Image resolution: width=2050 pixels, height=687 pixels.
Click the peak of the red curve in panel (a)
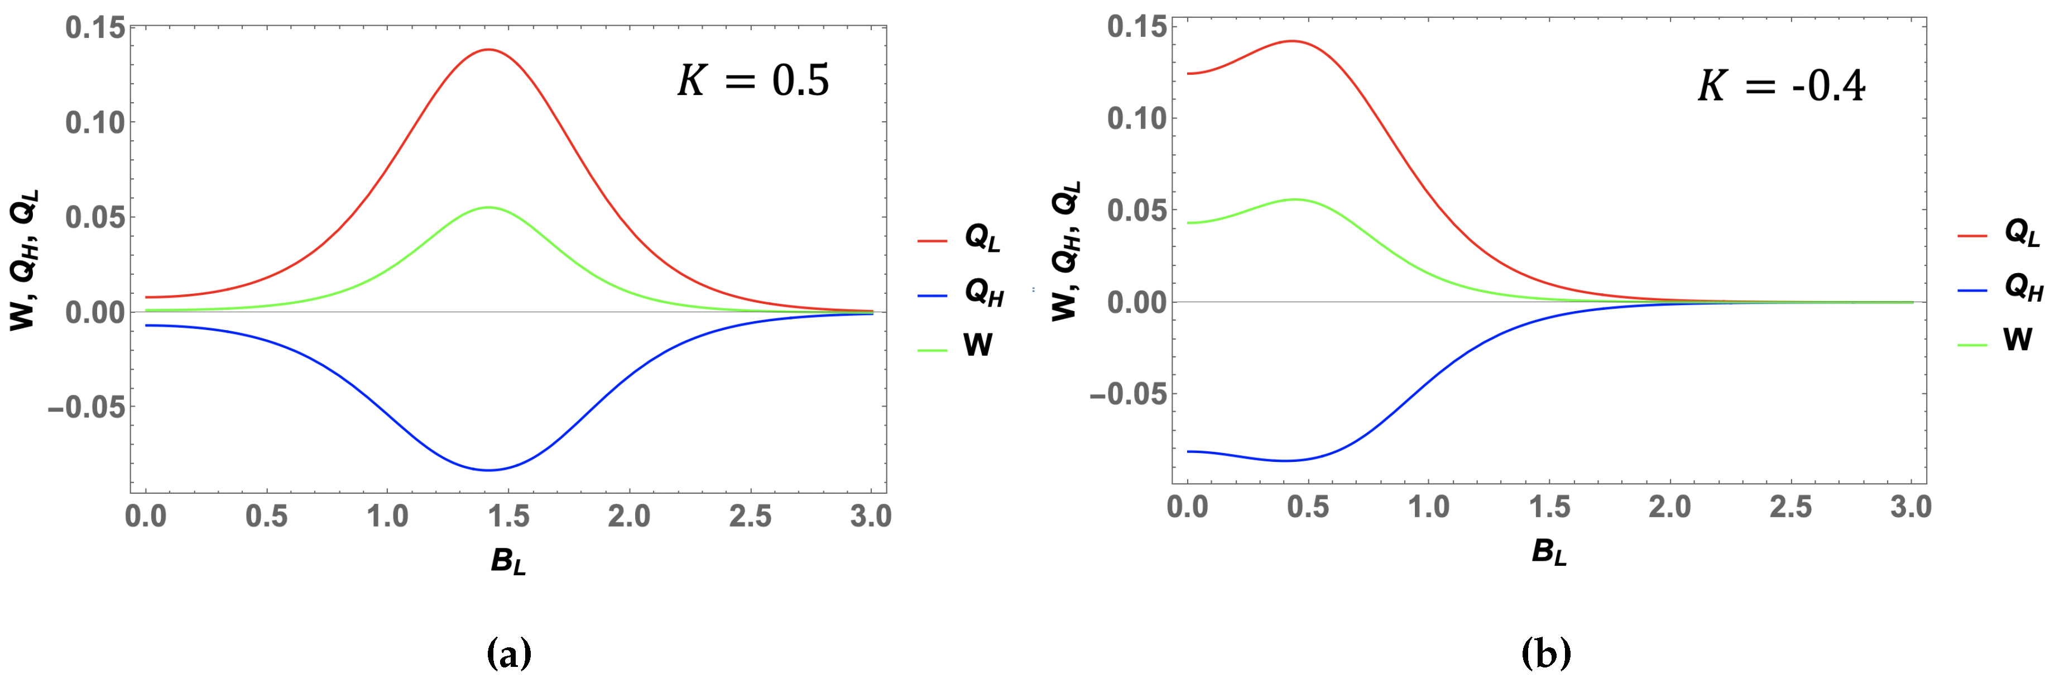487,49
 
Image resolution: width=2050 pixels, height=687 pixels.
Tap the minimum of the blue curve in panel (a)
487,470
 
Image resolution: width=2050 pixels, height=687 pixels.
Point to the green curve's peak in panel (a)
487,207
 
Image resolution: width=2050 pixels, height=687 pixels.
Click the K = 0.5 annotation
753,80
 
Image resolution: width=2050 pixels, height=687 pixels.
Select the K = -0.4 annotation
1780,86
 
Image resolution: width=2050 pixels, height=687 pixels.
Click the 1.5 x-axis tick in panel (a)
508,517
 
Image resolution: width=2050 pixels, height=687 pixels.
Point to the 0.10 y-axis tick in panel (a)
95,122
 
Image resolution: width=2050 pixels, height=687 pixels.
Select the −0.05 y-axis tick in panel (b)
1129,394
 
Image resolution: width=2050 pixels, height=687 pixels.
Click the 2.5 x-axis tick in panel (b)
1790,507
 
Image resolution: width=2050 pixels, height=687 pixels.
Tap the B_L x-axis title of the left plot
508,561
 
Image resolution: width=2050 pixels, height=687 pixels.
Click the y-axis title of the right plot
1065,251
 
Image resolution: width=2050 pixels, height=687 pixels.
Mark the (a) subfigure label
508,655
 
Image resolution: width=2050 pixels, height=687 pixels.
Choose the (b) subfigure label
1545,655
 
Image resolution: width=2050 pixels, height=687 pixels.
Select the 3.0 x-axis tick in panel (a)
871,517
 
